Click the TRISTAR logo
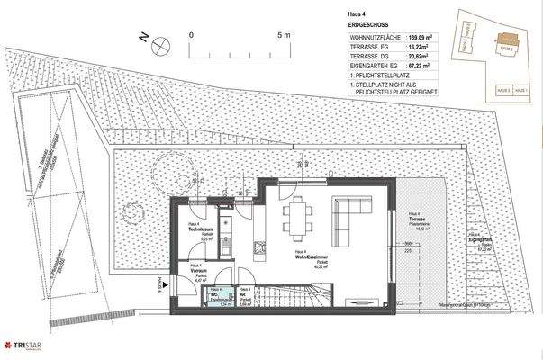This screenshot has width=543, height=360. click(x=25, y=347)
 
